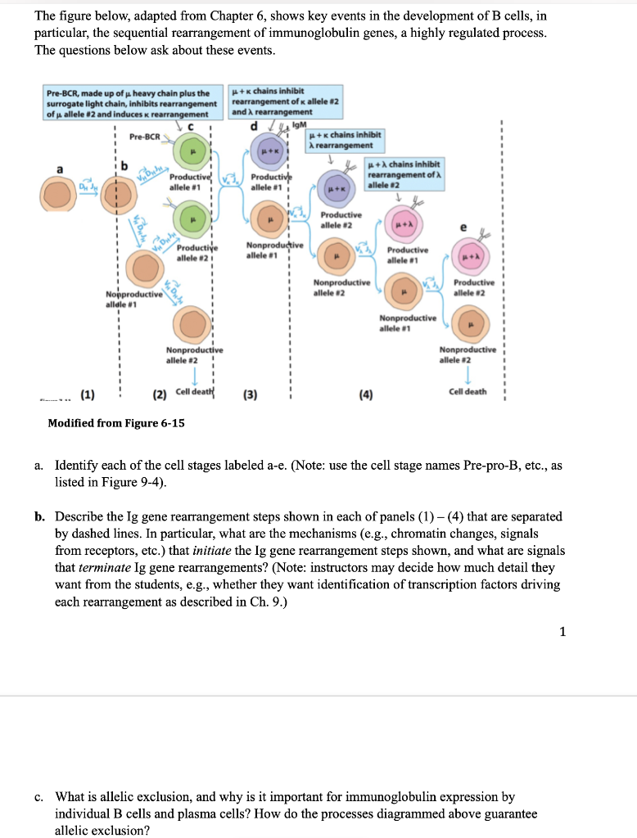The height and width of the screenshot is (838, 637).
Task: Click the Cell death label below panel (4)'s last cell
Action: tap(468, 391)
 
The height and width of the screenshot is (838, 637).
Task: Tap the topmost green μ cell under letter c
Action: tap(193, 152)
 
